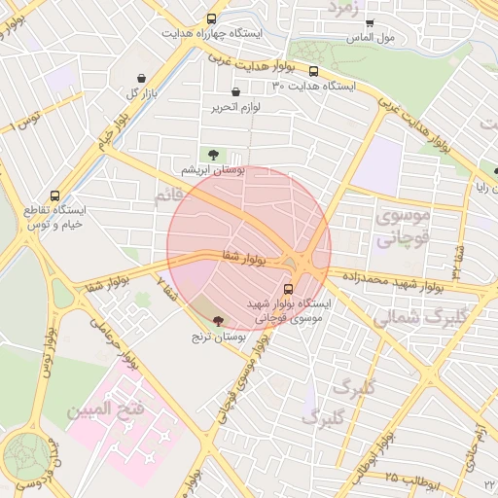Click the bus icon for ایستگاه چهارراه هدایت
click(x=212, y=18)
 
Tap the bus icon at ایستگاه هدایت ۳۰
click(x=313, y=71)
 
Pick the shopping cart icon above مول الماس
click(x=370, y=22)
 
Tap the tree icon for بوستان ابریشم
click(x=213, y=154)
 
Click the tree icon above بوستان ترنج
click(x=217, y=320)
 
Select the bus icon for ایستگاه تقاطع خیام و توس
click(x=54, y=195)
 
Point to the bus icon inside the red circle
click(x=288, y=289)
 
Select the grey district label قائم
click(x=167, y=197)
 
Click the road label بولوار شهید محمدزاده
click(x=399, y=282)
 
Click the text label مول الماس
click(x=370, y=37)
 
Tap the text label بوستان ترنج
click(x=216, y=336)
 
